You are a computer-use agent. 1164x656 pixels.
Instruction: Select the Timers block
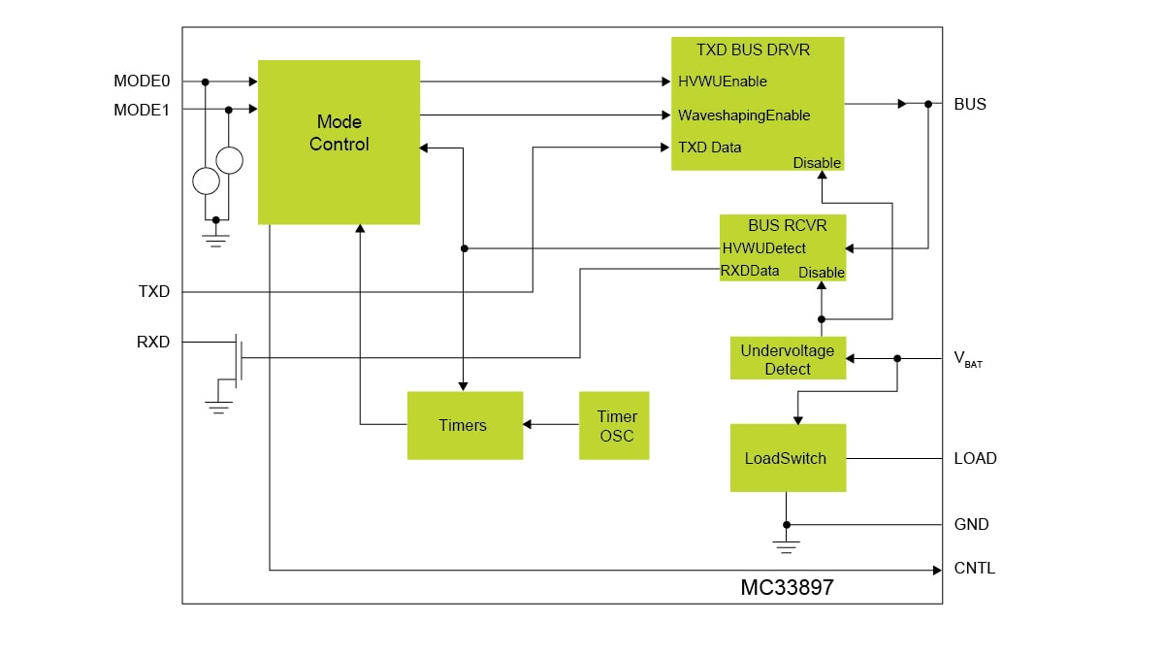(x=465, y=425)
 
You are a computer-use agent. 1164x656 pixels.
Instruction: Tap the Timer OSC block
(x=614, y=425)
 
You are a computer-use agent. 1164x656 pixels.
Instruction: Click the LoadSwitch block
(x=787, y=457)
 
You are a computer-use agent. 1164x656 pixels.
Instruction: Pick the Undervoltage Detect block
(x=788, y=358)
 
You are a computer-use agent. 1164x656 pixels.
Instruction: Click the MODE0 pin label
(x=142, y=82)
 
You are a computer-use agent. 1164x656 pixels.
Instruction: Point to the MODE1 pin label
(x=142, y=110)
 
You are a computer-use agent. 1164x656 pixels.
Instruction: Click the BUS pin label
(x=970, y=104)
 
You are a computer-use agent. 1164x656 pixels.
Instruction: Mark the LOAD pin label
(x=975, y=458)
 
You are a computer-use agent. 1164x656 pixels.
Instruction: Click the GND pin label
(x=971, y=524)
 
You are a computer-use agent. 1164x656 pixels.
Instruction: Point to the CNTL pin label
(x=974, y=569)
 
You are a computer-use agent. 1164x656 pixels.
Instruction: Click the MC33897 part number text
(x=787, y=588)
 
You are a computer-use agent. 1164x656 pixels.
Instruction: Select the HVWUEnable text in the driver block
(x=723, y=82)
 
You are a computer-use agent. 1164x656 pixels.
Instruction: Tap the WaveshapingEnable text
(x=744, y=115)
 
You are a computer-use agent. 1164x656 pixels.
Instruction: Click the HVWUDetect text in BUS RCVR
(x=763, y=248)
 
